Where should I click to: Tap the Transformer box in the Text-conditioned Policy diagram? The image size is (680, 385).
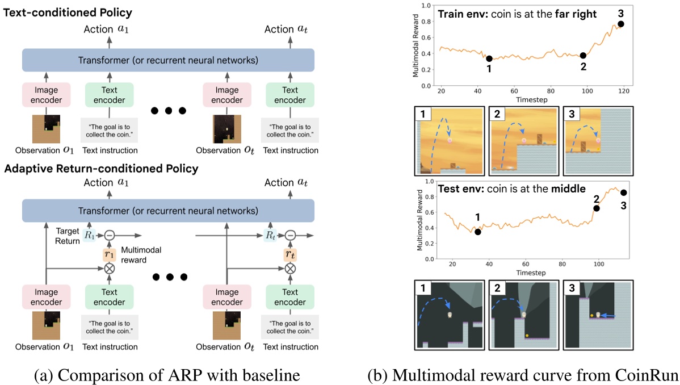(x=167, y=60)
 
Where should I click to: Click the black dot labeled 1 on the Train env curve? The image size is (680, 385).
(x=489, y=58)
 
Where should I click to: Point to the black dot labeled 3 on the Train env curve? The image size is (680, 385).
(x=621, y=24)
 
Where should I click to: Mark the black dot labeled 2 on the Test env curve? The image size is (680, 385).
(x=597, y=208)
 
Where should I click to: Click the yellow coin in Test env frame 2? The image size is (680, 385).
(x=527, y=336)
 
